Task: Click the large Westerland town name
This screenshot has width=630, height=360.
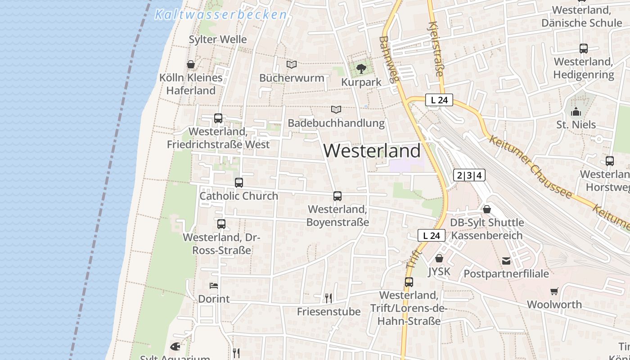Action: tap(372, 151)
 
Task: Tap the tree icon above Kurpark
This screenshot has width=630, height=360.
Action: tap(361, 69)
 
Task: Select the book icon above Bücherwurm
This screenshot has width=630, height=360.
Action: tap(292, 65)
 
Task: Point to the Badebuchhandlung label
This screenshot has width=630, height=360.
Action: tap(336, 123)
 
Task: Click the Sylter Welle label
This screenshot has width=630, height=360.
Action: tap(218, 40)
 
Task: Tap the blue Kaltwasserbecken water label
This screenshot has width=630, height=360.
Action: tap(220, 15)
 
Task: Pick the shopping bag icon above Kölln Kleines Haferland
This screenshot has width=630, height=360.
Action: tap(191, 64)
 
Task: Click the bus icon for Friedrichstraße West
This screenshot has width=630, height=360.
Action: tap(218, 118)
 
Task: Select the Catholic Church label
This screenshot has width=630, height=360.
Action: tap(239, 196)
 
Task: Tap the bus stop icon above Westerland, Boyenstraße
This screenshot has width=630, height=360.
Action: tap(337, 196)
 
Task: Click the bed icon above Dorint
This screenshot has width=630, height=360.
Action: tap(214, 286)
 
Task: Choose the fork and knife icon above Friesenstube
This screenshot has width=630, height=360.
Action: tap(328, 298)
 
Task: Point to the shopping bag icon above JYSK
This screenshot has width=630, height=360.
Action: tap(439, 258)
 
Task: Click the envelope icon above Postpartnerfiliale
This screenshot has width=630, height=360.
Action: tap(506, 261)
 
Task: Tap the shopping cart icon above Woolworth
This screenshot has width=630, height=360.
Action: tap(554, 292)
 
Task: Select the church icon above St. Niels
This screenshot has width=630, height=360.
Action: tap(576, 112)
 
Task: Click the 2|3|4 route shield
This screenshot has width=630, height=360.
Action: tap(469, 175)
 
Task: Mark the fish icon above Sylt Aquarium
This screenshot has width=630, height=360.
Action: tap(175, 346)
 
